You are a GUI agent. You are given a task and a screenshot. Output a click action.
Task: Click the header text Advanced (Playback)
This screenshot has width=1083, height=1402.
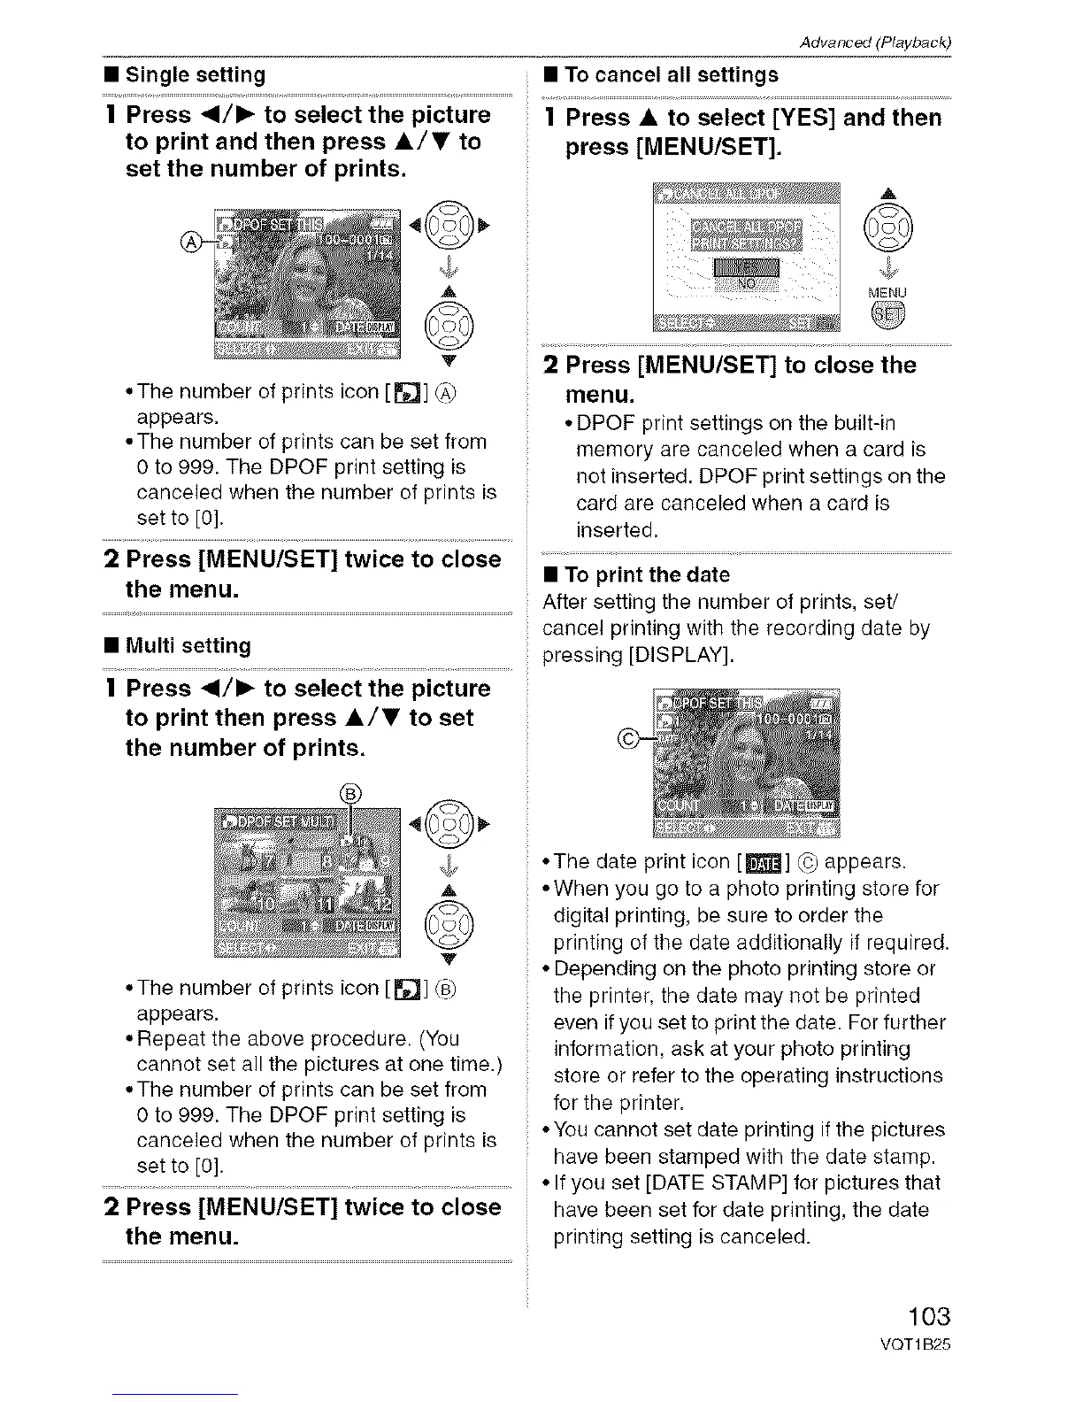click(x=874, y=42)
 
